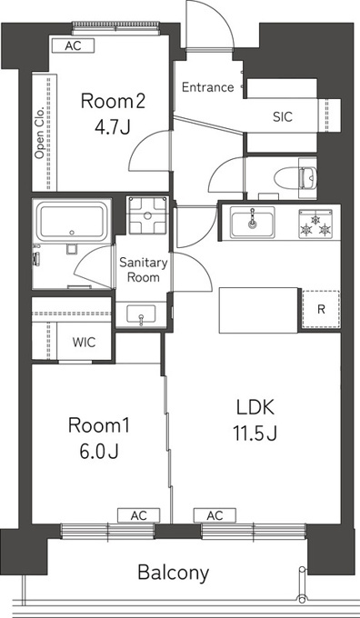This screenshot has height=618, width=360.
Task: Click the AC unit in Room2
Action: click(x=74, y=45)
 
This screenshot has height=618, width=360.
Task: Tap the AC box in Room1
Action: click(x=138, y=515)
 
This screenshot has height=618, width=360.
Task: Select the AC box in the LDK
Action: click(x=215, y=515)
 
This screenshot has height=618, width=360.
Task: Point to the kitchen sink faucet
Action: click(x=252, y=218)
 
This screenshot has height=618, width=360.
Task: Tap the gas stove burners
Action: click(x=315, y=224)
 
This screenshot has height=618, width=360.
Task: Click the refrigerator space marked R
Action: click(x=321, y=309)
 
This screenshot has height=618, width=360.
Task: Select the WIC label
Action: click(x=84, y=342)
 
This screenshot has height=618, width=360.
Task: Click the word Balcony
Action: click(x=173, y=573)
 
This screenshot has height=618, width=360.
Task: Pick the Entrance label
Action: click(x=208, y=87)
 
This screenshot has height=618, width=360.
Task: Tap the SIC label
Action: click(x=283, y=116)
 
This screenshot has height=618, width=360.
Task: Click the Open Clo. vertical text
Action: click(x=39, y=134)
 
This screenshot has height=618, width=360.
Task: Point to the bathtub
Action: click(x=72, y=221)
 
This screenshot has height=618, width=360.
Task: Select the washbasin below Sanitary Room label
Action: click(x=141, y=314)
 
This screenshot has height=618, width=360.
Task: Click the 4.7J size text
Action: click(x=113, y=127)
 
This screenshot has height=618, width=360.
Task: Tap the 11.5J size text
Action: click(x=255, y=434)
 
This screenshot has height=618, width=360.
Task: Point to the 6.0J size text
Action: click(x=99, y=451)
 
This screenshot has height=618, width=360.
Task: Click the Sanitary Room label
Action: click(x=144, y=270)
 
